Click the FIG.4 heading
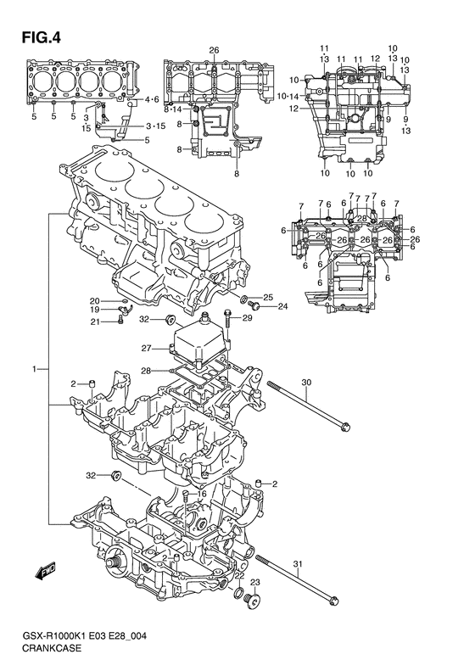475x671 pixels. [41, 38]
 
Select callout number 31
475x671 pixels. [298, 564]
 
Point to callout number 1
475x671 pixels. [36, 368]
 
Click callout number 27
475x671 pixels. [147, 349]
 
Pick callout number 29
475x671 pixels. [248, 317]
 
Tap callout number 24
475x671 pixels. [282, 306]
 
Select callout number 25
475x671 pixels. [268, 297]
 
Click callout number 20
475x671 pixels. [94, 300]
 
